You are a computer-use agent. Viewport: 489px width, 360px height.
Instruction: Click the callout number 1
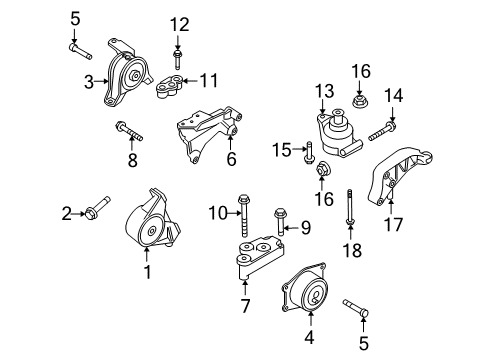point(148,270)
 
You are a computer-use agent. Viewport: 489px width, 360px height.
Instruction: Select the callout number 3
point(88,82)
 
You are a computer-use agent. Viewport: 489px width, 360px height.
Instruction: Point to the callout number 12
point(178,24)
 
